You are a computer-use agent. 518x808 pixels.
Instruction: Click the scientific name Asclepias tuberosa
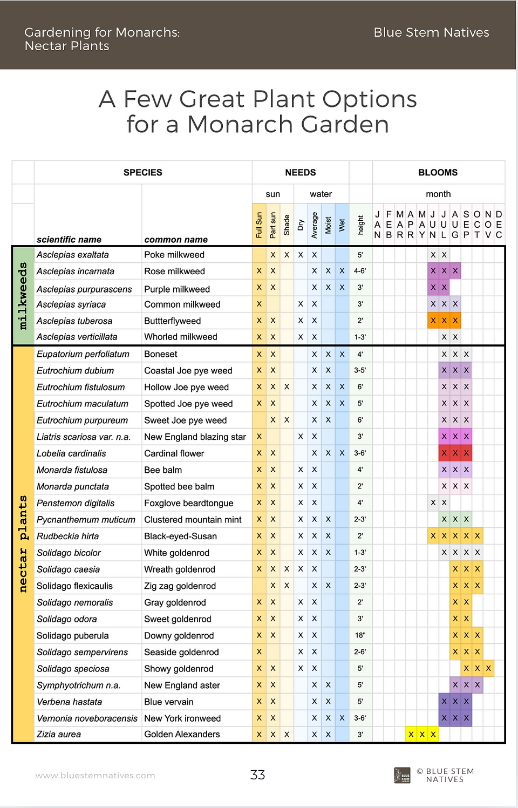74,321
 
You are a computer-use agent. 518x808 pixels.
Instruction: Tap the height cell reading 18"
360,635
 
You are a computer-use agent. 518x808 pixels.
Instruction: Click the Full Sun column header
259,225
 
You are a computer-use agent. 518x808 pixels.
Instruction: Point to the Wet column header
342,225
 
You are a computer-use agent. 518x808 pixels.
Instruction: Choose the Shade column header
287,225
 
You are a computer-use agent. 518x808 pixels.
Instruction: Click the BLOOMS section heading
438,172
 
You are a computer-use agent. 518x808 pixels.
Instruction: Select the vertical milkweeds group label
23,296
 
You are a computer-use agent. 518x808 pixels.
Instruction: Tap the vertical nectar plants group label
23,544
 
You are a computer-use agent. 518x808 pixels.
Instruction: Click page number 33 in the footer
257,775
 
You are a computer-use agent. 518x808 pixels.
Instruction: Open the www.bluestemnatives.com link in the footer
95,776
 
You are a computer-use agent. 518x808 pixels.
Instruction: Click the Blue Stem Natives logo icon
402,775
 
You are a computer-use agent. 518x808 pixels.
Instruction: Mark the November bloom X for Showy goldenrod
488,668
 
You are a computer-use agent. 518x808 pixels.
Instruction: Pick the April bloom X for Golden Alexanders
411,735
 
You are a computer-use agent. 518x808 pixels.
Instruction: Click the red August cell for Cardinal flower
455,453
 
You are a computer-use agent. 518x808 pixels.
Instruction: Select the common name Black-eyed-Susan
180,536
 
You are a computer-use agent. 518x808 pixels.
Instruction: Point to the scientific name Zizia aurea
59,735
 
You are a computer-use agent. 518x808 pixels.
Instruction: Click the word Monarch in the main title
240,125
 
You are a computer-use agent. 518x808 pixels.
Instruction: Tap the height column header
360,225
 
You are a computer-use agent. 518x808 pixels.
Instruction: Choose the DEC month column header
499,225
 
